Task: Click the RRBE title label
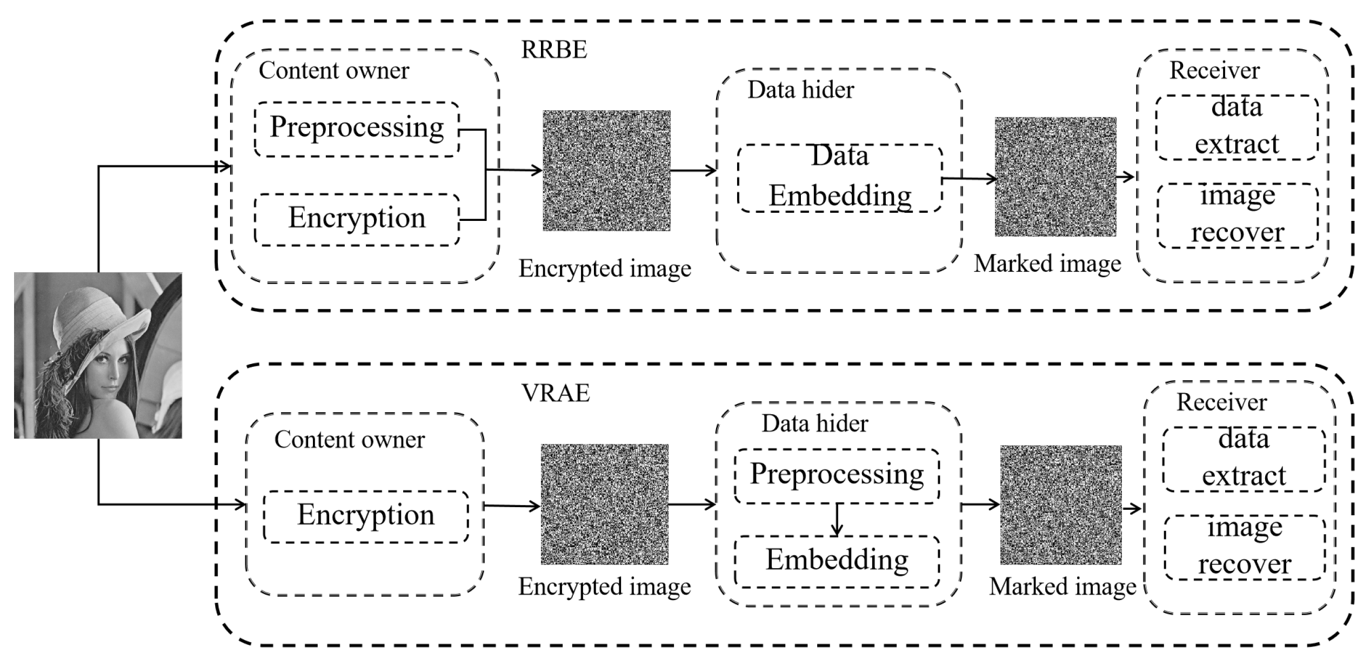[553, 50]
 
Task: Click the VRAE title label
[555, 393]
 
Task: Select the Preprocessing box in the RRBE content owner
[357, 129]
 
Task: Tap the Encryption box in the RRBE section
[357, 219]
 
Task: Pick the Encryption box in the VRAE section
[366, 516]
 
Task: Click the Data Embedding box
[840, 178]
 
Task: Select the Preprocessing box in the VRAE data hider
[837, 476]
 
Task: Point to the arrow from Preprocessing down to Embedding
[837, 520]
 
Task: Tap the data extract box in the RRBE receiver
[1237, 127]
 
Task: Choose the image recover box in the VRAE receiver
[1245, 547]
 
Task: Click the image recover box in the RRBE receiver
[1238, 215]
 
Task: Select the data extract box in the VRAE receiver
[1244, 459]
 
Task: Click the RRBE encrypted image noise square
[606, 171]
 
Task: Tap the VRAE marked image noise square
[1060, 504]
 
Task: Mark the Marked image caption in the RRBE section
[1047, 264]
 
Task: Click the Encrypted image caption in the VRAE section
[604, 587]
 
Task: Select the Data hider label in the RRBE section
[800, 90]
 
